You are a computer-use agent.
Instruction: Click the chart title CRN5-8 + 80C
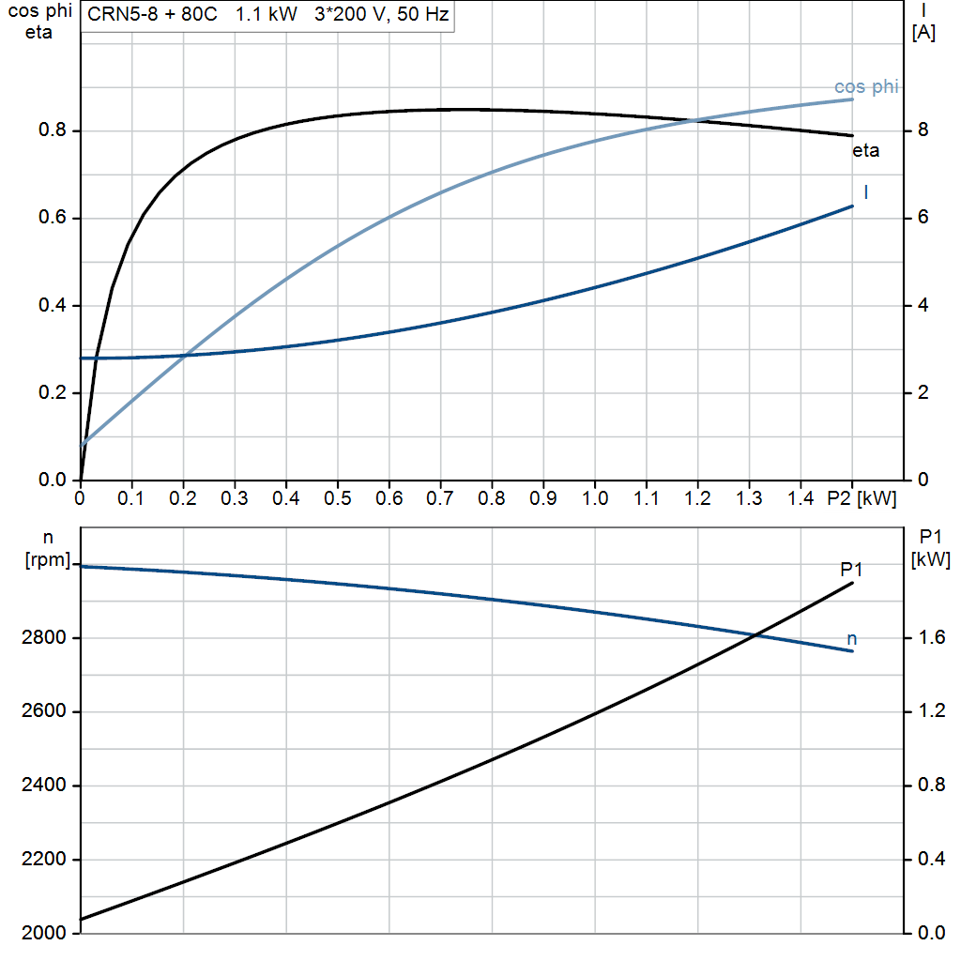click(152, 16)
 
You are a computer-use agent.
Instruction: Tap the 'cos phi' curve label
click(866, 87)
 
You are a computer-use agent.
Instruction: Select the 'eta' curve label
click(865, 150)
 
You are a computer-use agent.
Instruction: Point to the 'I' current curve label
click(865, 192)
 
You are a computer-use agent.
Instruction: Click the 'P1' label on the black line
click(852, 569)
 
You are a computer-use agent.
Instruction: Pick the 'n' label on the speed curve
click(852, 639)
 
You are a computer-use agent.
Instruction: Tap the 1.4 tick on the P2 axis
click(801, 498)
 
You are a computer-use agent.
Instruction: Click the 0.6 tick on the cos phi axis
click(53, 219)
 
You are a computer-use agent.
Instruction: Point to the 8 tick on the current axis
click(923, 130)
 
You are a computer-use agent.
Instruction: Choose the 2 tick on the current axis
click(923, 393)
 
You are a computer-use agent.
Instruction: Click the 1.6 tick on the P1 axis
click(928, 639)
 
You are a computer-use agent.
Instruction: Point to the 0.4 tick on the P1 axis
click(928, 861)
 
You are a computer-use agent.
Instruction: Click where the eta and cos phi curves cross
click(694, 120)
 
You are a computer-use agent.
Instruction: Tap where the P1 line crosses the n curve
click(755, 636)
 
